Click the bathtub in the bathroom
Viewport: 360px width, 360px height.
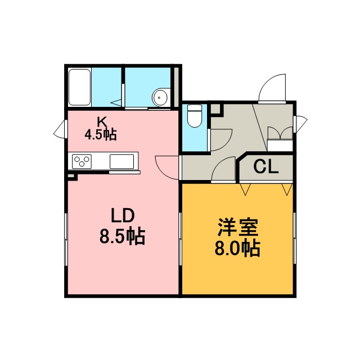click(79, 87)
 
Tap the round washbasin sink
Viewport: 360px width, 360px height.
click(161, 97)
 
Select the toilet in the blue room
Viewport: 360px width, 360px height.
click(195, 116)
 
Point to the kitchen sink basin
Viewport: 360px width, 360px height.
click(121, 161)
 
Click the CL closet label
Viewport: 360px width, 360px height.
click(266, 166)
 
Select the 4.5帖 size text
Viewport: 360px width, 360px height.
click(101, 134)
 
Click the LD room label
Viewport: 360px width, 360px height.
click(123, 215)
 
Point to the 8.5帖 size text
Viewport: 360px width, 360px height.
click(123, 236)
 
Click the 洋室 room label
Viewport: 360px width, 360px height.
click(238, 227)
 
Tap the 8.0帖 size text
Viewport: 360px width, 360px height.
click(237, 248)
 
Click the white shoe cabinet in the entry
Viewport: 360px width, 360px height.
click(280, 145)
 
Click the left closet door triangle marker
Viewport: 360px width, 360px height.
click(245, 190)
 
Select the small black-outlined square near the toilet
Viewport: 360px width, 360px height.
click(216, 109)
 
